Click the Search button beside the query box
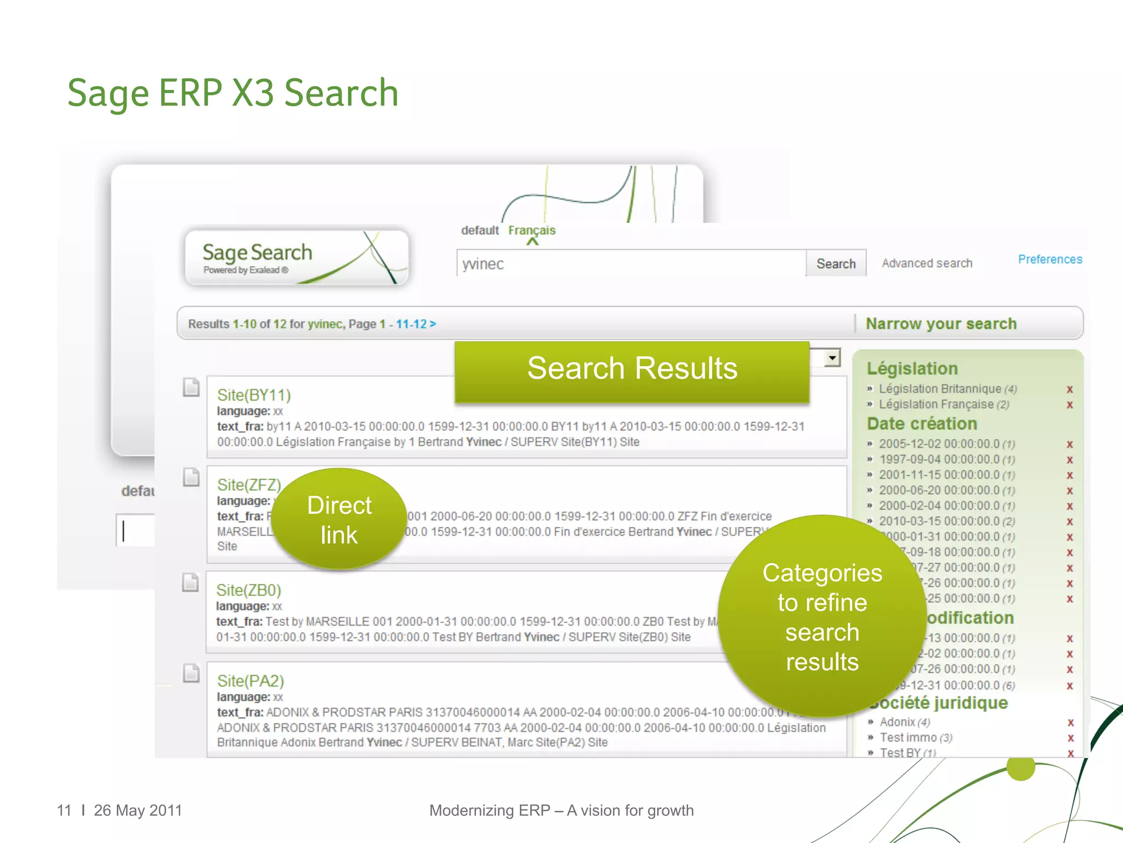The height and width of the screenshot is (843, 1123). [836, 263]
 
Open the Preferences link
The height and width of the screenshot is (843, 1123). [1050, 259]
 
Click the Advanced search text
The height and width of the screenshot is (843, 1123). [927, 263]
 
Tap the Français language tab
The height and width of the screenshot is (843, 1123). [531, 231]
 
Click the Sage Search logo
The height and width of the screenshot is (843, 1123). [297, 256]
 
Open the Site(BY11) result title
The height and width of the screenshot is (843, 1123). [254, 395]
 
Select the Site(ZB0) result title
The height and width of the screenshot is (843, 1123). [248, 590]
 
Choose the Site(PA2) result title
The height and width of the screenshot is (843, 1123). [250, 681]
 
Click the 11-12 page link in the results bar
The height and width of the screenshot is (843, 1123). [412, 324]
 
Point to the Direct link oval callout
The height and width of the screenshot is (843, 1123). [339, 519]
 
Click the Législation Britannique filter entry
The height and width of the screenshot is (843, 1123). [940, 389]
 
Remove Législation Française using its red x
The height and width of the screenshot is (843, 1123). [1069, 405]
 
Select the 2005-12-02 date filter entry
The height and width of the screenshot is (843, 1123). [939, 443]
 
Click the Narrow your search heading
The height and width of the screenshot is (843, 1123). [941, 324]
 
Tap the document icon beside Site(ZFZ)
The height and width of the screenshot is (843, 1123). [191, 477]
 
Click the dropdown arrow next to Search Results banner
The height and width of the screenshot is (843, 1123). [832, 358]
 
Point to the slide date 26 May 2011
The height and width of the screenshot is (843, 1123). [138, 810]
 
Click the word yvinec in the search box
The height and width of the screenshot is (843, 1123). [483, 264]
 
